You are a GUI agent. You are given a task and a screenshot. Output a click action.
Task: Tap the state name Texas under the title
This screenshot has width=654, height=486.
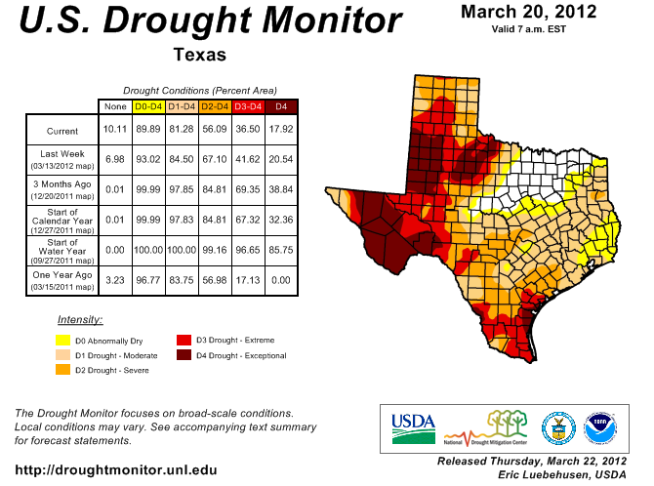[x=199, y=55]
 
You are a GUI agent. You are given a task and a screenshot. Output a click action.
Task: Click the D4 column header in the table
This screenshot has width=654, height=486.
[x=281, y=105]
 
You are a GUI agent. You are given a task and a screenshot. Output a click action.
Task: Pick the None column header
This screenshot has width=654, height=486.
[x=115, y=105]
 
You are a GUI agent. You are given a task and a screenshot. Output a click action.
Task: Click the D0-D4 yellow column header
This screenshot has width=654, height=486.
[x=148, y=105]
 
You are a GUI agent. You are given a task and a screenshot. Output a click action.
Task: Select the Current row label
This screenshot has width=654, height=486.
[x=61, y=131]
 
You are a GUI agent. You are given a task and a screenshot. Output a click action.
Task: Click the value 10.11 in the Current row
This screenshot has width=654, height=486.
[x=115, y=131]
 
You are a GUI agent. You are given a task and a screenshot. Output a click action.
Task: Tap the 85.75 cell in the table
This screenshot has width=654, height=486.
[x=281, y=247]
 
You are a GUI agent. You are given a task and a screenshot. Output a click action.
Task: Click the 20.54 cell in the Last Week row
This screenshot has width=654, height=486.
[x=281, y=157]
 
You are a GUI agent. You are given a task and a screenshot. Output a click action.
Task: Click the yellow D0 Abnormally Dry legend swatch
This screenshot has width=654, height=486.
[x=63, y=341]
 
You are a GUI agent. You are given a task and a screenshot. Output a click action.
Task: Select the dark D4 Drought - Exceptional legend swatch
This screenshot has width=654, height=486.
[x=183, y=355]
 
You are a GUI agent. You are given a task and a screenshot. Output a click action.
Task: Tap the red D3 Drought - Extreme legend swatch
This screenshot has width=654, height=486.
[x=183, y=340]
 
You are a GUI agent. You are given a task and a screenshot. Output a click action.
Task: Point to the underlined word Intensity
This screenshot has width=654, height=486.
[x=80, y=319]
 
